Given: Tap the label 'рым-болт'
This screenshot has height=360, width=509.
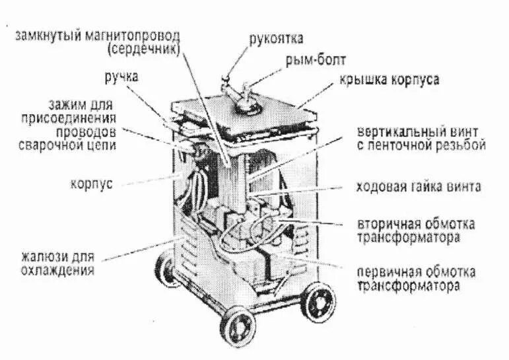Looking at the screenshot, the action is pyautogui.click(x=311, y=61).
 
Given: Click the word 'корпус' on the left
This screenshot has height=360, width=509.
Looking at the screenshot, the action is pyautogui.click(x=91, y=183).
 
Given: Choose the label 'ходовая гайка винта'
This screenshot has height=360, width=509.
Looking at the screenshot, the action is pyautogui.click(x=418, y=187).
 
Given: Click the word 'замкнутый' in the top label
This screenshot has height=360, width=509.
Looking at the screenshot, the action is pyautogui.click(x=45, y=35).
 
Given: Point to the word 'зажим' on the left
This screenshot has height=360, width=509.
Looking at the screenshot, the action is pyautogui.click(x=64, y=105).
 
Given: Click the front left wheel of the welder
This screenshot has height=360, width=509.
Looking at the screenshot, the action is pyautogui.click(x=240, y=326).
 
